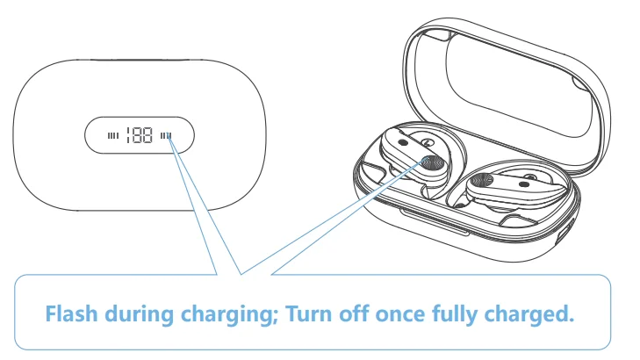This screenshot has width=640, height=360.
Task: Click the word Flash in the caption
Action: tap(71, 313)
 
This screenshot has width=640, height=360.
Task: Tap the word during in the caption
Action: tap(140, 313)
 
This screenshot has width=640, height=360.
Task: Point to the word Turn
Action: tap(308, 313)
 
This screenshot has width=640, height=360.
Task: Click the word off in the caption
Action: tap(353, 313)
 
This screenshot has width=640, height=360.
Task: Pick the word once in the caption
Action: tap(400, 315)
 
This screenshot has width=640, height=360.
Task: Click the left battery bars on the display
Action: tap(113, 135)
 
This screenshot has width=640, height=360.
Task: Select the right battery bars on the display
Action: tap(165, 135)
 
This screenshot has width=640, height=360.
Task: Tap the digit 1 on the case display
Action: tap(128, 135)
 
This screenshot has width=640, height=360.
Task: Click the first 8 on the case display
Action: tap(137, 135)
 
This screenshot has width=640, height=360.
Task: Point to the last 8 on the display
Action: tap(147, 135)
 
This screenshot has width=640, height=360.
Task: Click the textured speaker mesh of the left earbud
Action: tap(433, 163)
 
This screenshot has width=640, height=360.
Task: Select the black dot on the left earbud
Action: tap(403, 142)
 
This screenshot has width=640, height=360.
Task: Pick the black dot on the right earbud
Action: tap(524, 184)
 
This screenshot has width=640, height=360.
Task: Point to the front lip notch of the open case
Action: tap(435, 223)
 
